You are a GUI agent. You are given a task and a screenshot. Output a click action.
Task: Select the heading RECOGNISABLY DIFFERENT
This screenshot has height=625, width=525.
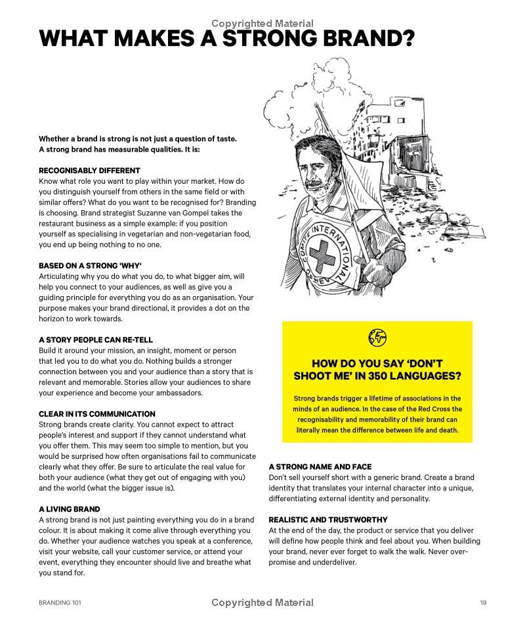[x=89, y=171]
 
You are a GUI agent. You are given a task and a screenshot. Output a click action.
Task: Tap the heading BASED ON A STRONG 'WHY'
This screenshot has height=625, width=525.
[x=90, y=266]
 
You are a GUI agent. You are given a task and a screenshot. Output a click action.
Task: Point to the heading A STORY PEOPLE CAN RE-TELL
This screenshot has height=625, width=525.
[x=96, y=340]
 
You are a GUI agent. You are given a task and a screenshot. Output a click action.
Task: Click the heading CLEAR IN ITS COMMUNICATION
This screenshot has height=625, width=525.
[x=97, y=414]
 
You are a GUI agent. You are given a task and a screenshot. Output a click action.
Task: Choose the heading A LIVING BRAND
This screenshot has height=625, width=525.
[x=70, y=509]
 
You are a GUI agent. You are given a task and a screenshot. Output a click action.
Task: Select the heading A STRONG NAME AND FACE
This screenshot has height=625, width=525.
[x=320, y=467]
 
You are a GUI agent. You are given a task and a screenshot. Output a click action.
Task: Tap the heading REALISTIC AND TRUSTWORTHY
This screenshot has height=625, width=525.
[x=328, y=520]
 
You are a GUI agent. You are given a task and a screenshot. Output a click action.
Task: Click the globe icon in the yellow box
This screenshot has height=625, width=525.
[x=377, y=337]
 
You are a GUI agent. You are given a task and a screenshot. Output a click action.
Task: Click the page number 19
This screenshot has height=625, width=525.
[x=483, y=603]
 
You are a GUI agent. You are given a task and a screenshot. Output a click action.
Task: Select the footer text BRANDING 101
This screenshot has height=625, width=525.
[x=60, y=603]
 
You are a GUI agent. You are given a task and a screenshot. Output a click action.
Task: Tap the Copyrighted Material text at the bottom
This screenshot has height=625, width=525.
[x=262, y=603]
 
